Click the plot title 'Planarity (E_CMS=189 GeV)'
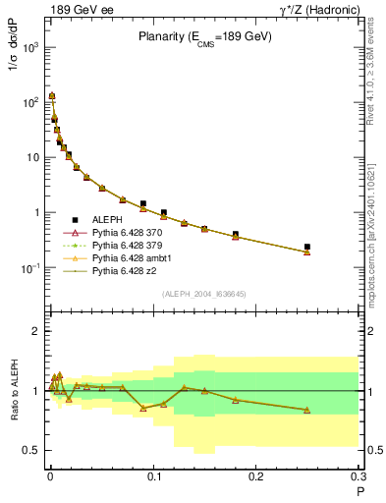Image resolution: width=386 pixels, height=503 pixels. [204, 37]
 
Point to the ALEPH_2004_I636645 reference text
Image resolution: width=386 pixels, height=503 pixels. [204, 293]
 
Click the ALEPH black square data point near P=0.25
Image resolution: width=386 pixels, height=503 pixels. [307, 247]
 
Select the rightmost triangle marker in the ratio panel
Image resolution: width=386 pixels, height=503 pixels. [307, 410]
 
